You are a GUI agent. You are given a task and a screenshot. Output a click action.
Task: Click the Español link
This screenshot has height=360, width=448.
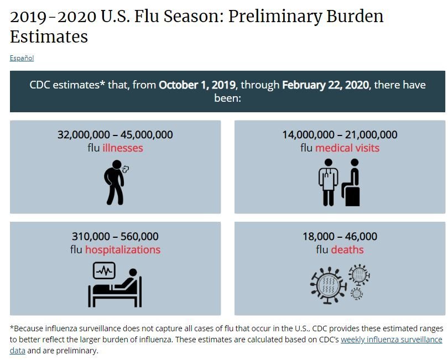click(22, 58)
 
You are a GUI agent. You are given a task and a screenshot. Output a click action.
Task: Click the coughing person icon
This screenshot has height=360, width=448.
click(115, 182)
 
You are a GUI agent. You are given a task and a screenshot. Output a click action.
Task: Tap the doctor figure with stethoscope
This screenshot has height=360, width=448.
click(328, 182)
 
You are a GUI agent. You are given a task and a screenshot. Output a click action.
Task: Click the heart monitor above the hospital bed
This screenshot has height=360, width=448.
click(104, 271)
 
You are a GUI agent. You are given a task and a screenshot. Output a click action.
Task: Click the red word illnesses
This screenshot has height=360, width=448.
click(123, 148)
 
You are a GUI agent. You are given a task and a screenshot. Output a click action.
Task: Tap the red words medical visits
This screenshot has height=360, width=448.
click(347, 148)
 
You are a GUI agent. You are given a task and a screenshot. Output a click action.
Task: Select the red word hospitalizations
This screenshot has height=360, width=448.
click(123, 250)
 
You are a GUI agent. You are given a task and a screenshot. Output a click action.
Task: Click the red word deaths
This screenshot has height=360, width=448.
click(347, 250)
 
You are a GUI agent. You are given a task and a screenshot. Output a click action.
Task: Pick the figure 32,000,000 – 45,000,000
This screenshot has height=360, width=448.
click(115, 135)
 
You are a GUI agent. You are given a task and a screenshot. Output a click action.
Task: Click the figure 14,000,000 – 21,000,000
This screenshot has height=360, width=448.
click(340, 135)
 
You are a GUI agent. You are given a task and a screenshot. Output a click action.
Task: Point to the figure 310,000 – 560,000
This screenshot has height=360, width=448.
click(115, 237)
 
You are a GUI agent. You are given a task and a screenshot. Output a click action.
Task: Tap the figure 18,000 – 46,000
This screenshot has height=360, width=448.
click(340, 237)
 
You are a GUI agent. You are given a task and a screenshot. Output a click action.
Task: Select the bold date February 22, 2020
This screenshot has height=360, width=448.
click(326, 86)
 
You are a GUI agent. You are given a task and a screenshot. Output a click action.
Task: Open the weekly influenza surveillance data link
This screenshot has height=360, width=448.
click(391, 340)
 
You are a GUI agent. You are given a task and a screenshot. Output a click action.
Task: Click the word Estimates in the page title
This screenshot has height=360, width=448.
click(49, 37)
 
